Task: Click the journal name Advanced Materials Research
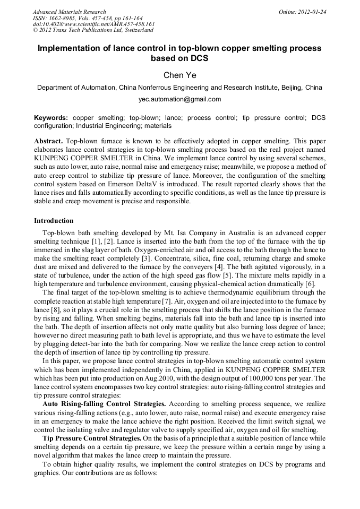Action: (x=69, y=12)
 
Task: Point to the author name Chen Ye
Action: (x=179, y=75)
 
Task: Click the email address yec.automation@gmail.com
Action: (x=179, y=99)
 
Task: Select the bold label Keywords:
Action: (x=51, y=117)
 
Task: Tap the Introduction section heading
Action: (x=54, y=221)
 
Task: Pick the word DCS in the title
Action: (x=199, y=58)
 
